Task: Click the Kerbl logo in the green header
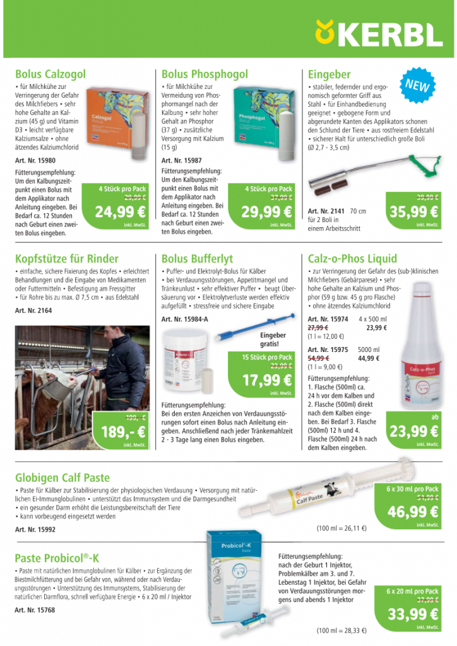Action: pyautogui.click(x=379, y=32)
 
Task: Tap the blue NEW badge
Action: pyautogui.click(x=417, y=86)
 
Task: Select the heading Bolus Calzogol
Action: pyautogui.click(x=50, y=74)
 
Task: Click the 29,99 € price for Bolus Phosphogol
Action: pyautogui.click(x=267, y=212)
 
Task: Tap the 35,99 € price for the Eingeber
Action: pyautogui.click(x=414, y=212)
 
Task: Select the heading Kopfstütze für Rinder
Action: pyautogui.click(x=66, y=258)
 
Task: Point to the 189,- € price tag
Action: pyautogui.click(x=123, y=432)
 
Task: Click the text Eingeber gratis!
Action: pyautogui.click(x=273, y=339)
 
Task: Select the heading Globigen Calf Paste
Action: pyautogui.click(x=62, y=478)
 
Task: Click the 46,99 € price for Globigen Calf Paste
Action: pyautogui.click(x=413, y=512)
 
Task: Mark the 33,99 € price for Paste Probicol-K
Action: pyautogui.click(x=413, y=614)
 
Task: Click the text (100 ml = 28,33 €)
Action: pyautogui.click(x=341, y=630)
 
